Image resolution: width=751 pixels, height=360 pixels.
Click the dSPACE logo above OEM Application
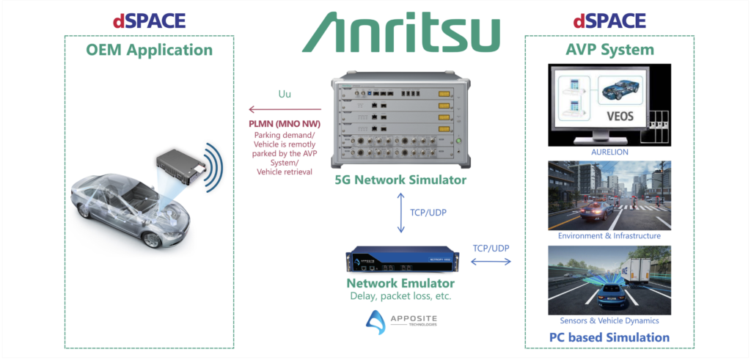coord(149,20)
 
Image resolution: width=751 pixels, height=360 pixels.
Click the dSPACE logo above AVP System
coord(599,20)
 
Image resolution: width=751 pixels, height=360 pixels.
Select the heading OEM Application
coord(149,50)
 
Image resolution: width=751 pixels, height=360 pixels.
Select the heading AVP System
coord(600,50)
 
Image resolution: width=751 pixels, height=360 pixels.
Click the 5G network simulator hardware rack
coord(401,121)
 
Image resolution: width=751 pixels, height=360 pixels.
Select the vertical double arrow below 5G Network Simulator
coord(401,213)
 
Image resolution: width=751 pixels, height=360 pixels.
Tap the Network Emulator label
coord(401,283)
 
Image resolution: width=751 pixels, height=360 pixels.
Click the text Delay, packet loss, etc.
coord(401,297)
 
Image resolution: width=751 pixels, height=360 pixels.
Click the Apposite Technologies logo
coord(401,320)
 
